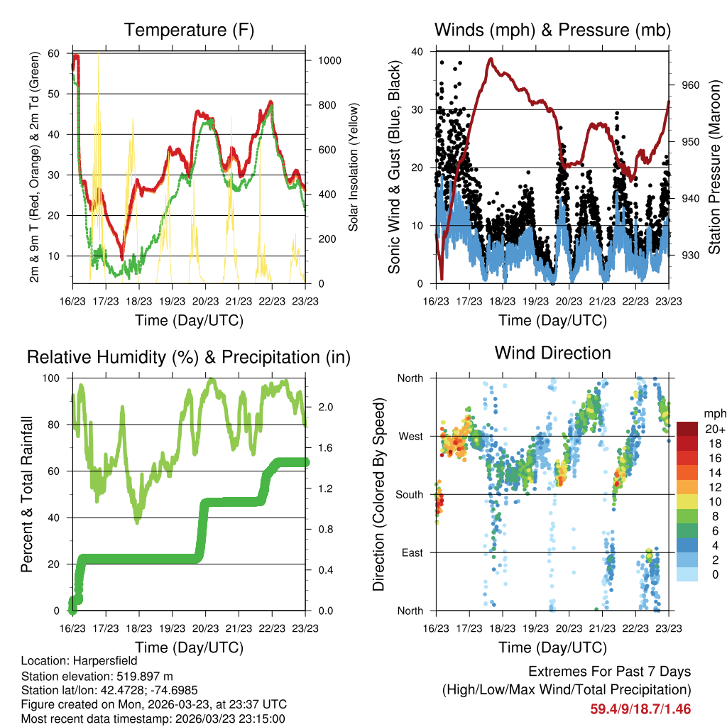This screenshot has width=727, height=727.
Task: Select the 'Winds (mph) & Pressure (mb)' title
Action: pyautogui.click(x=552, y=30)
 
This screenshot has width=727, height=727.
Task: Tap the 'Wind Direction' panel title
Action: pyautogui.click(x=552, y=352)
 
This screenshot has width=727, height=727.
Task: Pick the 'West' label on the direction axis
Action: pyautogui.click(x=411, y=436)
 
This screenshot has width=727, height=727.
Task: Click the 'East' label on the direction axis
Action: pyautogui.click(x=412, y=552)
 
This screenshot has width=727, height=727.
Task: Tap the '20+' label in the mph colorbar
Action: pyautogui.click(x=714, y=428)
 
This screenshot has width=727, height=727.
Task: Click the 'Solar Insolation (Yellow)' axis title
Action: pyautogui.click(x=353, y=167)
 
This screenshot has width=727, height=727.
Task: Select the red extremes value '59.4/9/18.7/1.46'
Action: pyautogui.click(x=640, y=709)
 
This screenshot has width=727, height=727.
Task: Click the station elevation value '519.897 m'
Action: pyautogui.click(x=142, y=676)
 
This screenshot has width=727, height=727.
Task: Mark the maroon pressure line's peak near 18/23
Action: pyautogui.click(x=490, y=59)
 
